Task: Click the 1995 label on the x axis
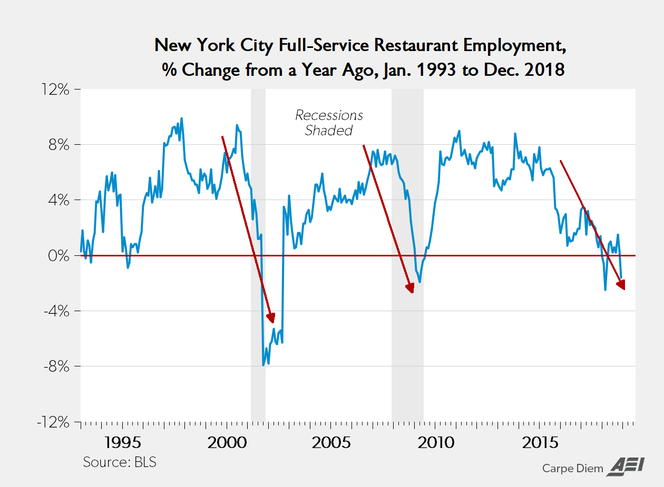click(122, 442)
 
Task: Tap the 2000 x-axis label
click(227, 442)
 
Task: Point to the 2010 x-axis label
click(436, 442)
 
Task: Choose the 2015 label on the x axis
click(540, 442)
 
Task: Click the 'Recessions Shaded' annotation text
click(329, 123)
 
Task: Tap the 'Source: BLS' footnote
click(120, 463)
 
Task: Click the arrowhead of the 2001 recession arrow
click(271, 317)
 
